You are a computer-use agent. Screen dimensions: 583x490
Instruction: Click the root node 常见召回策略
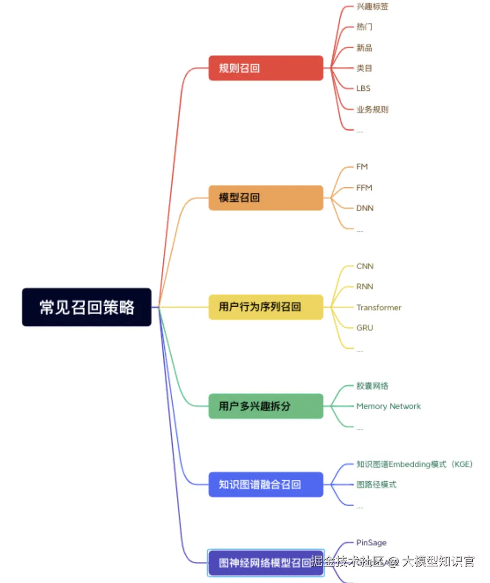[87, 307]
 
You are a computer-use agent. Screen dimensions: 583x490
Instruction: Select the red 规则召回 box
[266, 68]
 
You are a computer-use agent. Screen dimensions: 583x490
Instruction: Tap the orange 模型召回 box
[266, 198]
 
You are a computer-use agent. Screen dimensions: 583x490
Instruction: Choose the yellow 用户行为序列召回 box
[266, 307]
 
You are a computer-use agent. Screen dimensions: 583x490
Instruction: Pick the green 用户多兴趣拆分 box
[266, 406]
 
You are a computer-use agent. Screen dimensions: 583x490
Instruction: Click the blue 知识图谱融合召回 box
[266, 485]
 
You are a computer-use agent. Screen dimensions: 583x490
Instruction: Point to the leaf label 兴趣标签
[373, 7]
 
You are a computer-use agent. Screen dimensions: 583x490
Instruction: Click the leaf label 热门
[364, 27]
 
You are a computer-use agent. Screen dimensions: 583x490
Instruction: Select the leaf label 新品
[364, 47]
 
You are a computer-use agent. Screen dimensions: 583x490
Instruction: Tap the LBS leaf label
[363, 89]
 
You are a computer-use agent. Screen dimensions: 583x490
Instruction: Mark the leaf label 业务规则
[373, 110]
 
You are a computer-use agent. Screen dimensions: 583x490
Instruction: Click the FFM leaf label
[364, 188]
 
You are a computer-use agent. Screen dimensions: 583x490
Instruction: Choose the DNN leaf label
[365, 208]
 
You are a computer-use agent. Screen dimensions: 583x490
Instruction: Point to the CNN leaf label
[365, 267]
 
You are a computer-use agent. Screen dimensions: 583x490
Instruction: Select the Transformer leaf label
[379, 308]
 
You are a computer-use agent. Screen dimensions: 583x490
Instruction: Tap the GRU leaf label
[365, 328]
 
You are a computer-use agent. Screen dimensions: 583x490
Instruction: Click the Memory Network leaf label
[388, 406]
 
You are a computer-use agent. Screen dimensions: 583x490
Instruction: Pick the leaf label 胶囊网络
[373, 386]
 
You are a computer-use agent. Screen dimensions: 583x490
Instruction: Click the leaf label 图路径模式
[376, 485]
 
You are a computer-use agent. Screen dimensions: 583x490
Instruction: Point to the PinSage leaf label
[371, 542]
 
